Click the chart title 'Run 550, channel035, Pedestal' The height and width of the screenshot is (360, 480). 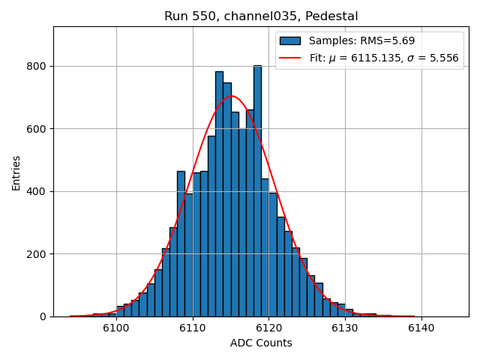261,16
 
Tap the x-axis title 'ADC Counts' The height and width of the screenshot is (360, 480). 261,343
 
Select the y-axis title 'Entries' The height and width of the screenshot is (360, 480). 16,172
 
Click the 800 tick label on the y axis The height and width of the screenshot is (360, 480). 37,66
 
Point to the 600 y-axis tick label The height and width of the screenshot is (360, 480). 37,129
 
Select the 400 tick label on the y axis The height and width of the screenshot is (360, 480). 37,191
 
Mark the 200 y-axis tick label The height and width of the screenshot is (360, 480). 37,254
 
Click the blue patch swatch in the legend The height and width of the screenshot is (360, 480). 289,41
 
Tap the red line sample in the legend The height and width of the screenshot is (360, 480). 289,58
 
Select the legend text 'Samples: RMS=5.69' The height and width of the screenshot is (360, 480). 362,41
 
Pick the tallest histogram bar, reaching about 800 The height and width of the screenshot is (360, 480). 257,187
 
